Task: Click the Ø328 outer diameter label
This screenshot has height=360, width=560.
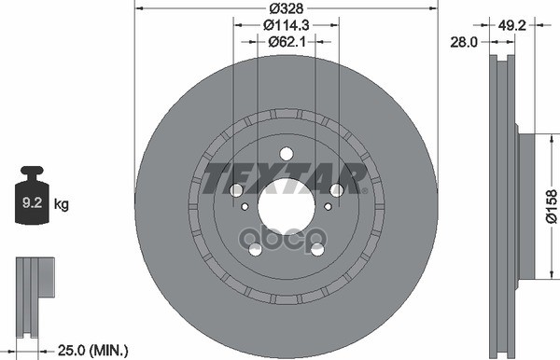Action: coord(287,7)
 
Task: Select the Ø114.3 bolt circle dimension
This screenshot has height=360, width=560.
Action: coord(287,25)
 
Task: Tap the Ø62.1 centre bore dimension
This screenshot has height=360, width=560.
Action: coord(287,42)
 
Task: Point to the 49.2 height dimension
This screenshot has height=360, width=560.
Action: coord(511,25)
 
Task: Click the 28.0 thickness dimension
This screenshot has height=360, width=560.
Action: coord(464,42)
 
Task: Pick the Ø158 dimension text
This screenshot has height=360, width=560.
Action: coord(552,206)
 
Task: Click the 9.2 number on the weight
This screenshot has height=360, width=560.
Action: coord(32,203)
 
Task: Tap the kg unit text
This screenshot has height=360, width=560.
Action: coord(61,204)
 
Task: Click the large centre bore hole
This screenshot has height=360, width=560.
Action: coord(287,206)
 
